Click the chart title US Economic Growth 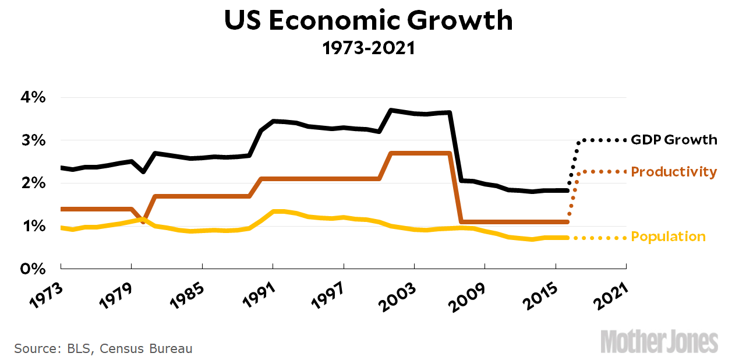point(369,21)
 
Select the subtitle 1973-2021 point(369,48)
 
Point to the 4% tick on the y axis point(30,97)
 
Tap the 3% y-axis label point(30,140)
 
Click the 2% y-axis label point(30,183)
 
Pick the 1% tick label point(30,226)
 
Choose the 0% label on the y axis point(30,269)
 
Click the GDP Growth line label point(674,140)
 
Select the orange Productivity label point(674,172)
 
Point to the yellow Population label point(668,237)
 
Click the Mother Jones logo point(659,341)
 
